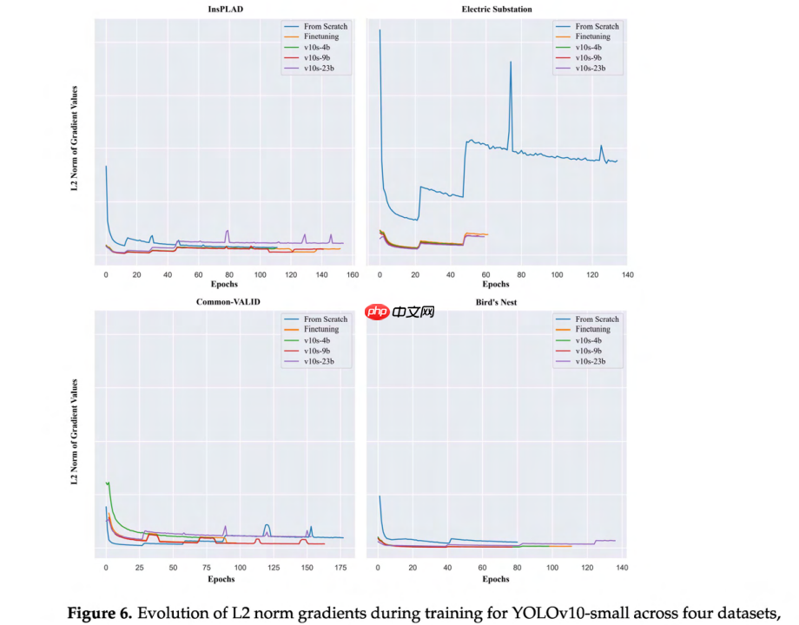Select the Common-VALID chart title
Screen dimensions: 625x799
click(228, 301)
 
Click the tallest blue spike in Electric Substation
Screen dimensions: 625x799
click(511, 62)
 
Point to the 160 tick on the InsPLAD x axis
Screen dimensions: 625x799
click(353, 275)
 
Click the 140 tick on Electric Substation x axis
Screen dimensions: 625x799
click(627, 275)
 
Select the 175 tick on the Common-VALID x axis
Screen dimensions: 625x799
click(340, 569)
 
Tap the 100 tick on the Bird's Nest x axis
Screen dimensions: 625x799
click(552, 569)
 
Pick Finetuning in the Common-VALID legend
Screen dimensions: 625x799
click(321, 330)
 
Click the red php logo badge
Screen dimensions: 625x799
click(375, 311)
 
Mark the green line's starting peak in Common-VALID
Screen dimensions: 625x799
click(108, 482)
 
